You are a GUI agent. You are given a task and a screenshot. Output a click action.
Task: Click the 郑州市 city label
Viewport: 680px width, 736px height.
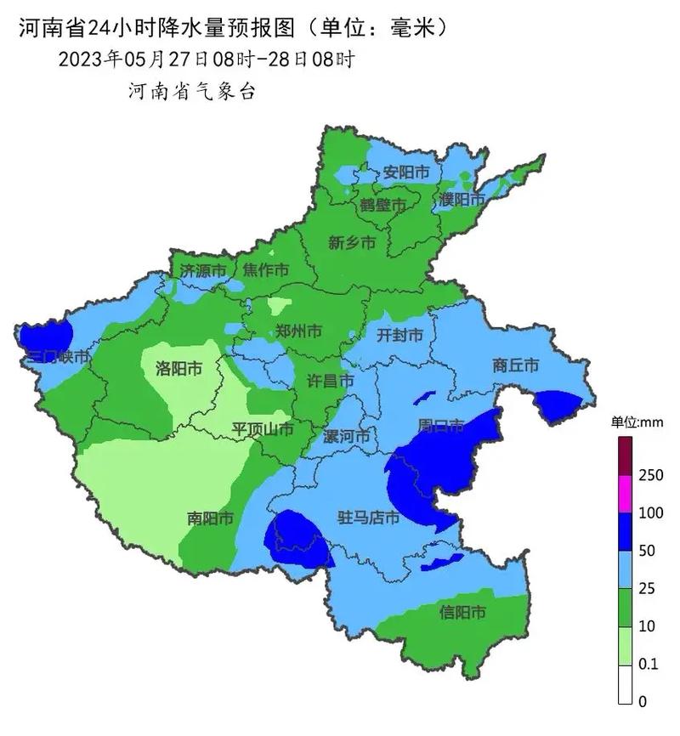click(298, 331)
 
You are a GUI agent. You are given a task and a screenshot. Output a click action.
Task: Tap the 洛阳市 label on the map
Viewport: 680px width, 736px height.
click(178, 368)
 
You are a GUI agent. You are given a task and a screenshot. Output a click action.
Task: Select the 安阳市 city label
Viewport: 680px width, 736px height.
click(406, 173)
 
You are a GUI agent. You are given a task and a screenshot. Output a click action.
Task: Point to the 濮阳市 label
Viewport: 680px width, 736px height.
click(462, 200)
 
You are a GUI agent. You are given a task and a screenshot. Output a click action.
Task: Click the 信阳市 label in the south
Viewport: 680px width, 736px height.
click(462, 612)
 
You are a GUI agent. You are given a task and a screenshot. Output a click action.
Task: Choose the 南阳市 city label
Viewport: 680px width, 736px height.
click(211, 518)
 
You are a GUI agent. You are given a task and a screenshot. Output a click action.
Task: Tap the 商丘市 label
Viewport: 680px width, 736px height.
click(516, 365)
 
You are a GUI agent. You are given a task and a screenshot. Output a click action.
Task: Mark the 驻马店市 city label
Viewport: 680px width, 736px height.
click(369, 517)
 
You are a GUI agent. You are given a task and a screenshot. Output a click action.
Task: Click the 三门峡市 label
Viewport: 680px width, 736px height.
click(57, 358)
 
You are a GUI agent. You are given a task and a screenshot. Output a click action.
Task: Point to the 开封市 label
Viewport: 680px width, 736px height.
click(399, 336)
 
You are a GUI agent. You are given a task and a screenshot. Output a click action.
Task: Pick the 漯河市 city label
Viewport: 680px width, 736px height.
click(348, 437)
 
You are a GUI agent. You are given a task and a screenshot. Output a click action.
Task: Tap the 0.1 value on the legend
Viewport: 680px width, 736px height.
click(649, 665)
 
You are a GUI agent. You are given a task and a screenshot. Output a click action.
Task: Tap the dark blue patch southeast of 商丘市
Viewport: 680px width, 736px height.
click(558, 405)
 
